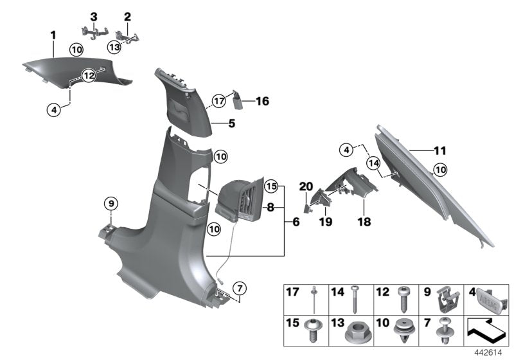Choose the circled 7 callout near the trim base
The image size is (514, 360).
pos(238,287)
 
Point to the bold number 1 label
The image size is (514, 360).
pos(54,35)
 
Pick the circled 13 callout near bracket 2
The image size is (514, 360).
pos(114,46)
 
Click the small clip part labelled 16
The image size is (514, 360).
pos(238,99)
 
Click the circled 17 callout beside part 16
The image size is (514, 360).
pos(219,100)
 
